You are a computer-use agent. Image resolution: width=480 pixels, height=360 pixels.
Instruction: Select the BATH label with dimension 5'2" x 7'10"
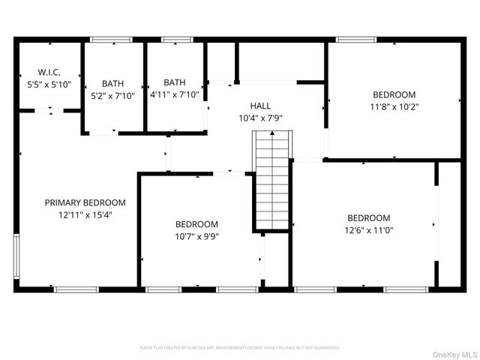(113, 83)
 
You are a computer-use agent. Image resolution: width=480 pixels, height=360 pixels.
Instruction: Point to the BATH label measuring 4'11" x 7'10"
(175, 82)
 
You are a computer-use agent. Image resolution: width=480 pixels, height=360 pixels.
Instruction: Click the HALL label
(260, 106)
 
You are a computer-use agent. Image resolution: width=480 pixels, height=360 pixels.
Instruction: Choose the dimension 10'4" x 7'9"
(260, 118)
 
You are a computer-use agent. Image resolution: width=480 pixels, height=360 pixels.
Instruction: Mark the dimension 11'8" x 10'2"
(394, 106)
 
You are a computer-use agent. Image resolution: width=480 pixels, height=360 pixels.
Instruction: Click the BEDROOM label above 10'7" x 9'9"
(196, 224)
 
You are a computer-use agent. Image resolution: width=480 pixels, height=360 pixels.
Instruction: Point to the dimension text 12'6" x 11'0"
(368, 230)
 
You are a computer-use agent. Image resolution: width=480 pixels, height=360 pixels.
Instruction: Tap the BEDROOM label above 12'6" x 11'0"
(368, 218)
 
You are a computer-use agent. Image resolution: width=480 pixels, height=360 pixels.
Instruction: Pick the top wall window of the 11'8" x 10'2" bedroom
(351, 40)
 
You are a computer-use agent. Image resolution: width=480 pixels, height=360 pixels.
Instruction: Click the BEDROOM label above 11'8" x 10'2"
(394, 94)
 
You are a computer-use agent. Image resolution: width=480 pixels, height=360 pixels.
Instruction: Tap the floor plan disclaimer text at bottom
(240, 348)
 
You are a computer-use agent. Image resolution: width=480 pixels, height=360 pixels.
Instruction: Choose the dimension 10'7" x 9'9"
(196, 236)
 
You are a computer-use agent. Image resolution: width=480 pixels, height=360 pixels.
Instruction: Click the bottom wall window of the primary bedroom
(76, 289)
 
